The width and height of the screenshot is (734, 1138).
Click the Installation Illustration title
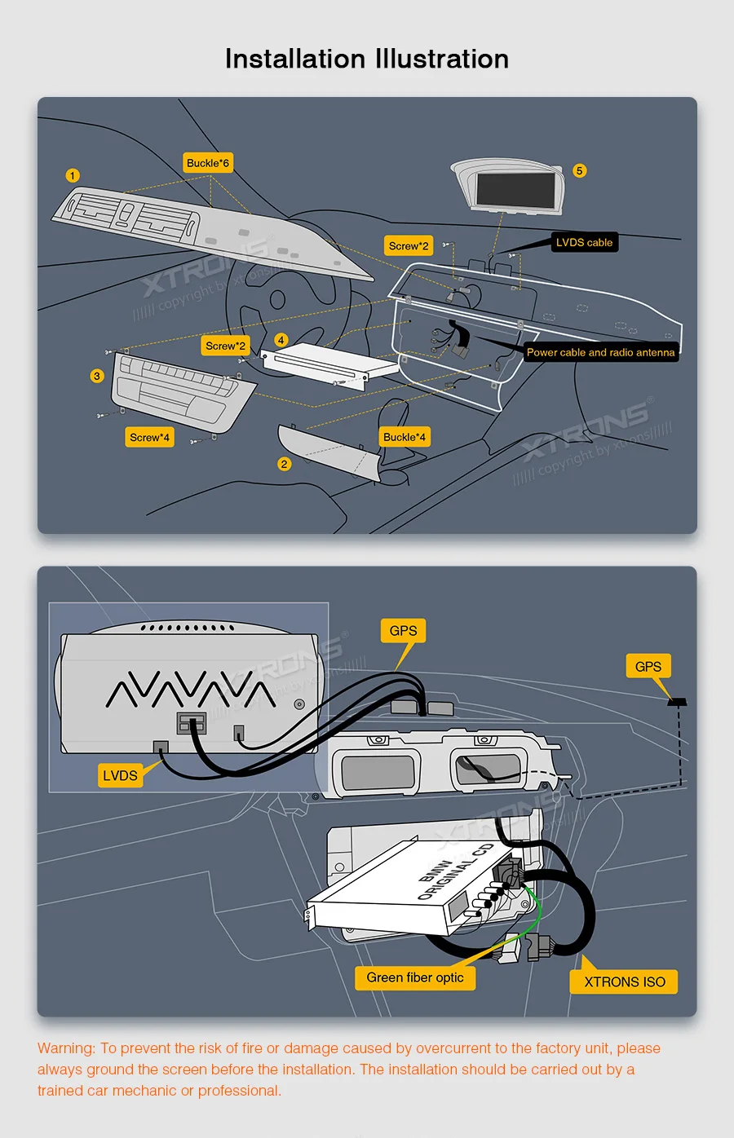click(367, 59)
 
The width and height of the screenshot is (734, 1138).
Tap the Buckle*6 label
click(208, 163)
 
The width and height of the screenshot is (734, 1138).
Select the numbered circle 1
click(73, 175)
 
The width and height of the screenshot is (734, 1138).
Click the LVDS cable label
click(584, 242)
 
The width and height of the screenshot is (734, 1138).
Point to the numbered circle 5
click(580, 170)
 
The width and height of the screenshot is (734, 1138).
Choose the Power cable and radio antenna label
click(600, 352)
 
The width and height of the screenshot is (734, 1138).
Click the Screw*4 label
click(149, 437)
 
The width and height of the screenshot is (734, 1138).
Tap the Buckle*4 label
click(405, 437)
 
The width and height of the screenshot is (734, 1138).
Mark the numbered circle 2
click(284, 464)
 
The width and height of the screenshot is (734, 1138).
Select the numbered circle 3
click(97, 376)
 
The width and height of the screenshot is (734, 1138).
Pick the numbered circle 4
click(281, 340)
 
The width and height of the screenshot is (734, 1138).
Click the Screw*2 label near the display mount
click(409, 245)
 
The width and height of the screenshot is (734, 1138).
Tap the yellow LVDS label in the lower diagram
click(120, 775)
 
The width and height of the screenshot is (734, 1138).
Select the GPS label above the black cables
click(403, 630)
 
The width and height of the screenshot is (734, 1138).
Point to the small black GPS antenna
click(677, 701)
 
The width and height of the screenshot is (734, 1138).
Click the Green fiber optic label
click(415, 977)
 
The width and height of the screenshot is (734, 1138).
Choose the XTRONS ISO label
click(625, 981)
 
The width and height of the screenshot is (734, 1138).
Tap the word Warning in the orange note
click(66, 1048)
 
